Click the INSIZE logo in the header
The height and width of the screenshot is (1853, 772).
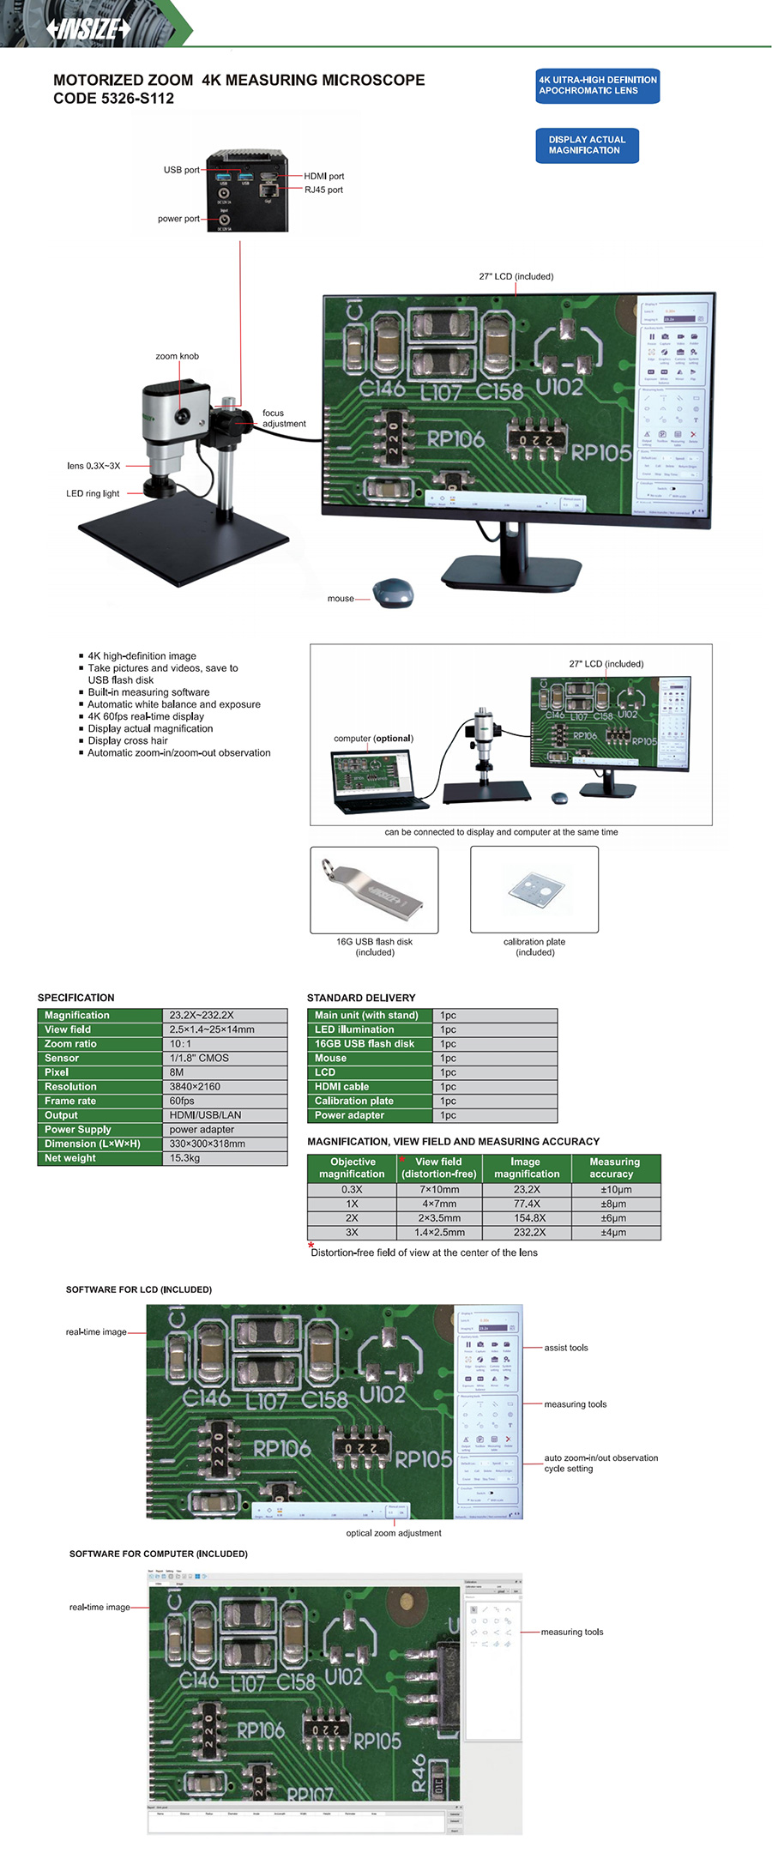[x=89, y=28]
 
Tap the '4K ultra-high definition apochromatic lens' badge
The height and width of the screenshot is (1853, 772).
[x=597, y=86]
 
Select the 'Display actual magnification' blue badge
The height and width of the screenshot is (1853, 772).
[x=587, y=145]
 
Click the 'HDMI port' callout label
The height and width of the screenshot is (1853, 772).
[x=323, y=176]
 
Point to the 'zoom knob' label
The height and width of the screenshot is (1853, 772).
[x=177, y=356]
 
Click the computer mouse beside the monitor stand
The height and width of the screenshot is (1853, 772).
[x=393, y=593]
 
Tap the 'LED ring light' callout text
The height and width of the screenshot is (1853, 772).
[x=93, y=493]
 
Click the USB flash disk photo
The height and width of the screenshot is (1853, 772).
[x=374, y=889]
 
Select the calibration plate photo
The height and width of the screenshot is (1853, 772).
[x=534, y=889]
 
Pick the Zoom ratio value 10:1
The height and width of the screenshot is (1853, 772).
[x=181, y=1044]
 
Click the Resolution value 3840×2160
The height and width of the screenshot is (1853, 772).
[x=195, y=1087]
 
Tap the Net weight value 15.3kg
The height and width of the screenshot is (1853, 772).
[x=185, y=1158]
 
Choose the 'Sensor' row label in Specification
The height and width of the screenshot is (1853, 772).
[x=62, y=1059]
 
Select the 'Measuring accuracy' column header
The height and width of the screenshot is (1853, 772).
[x=614, y=1168]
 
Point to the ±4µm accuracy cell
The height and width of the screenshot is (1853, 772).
[x=614, y=1233]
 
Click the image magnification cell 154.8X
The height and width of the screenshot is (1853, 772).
[x=526, y=1218]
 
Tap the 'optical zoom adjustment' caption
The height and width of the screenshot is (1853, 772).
[x=394, y=1533]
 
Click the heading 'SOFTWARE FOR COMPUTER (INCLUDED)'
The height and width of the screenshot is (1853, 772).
[x=159, y=1554]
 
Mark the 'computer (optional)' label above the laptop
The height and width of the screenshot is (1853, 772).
[x=373, y=738]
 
